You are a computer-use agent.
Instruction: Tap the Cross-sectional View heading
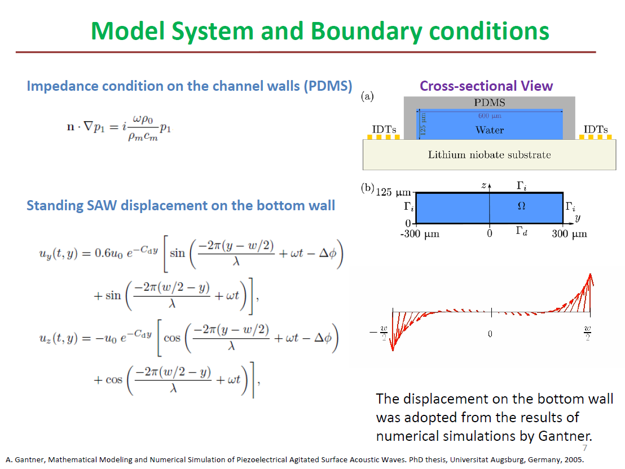pos(486,86)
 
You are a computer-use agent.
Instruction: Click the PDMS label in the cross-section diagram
pos(490,103)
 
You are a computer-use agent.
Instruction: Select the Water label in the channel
pos(490,130)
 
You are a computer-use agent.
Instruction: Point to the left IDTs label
pos(384,130)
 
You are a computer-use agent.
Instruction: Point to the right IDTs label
pos(596,130)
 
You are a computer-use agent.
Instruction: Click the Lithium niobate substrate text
pos(490,154)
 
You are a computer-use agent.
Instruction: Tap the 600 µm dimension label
pos(490,116)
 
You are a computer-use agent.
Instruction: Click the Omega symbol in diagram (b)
pos(521,206)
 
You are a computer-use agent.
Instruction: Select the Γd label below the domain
pos(521,231)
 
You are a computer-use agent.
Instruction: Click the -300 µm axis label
pos(420,234)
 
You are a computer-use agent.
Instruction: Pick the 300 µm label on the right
pos(569,234)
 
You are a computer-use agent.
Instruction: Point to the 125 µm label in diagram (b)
pos(393,192)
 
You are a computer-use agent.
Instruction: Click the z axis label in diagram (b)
pos(484,185)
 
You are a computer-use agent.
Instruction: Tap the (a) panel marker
pos(367,96)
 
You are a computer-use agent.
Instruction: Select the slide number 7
pos(585,448)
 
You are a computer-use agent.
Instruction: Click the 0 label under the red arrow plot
pos(490,334)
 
